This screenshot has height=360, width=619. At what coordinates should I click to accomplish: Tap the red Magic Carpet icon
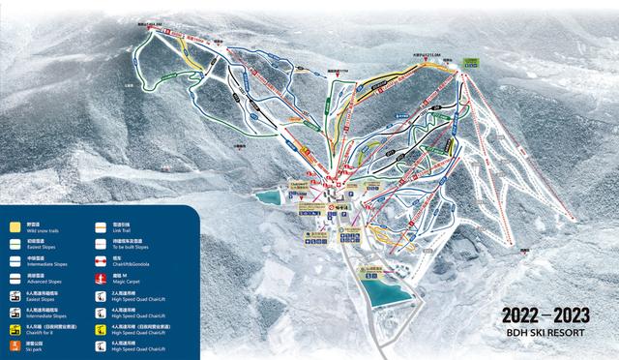(102, 280)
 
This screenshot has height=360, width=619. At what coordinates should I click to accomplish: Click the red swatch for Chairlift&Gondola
(102, 262)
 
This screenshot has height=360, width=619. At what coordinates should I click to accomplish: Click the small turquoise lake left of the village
(265, 197)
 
